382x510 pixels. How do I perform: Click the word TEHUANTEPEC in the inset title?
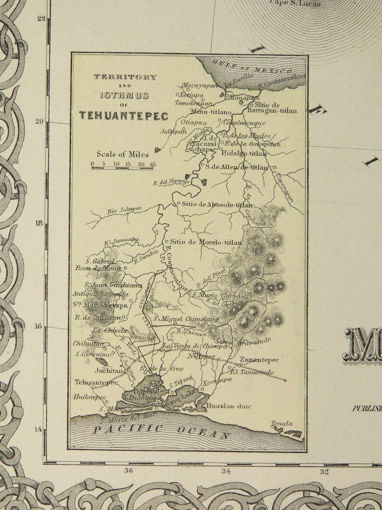point(124,116)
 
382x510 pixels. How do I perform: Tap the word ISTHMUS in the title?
point(125,95)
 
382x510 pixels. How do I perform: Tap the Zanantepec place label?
point(259,360)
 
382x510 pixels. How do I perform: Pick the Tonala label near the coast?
point(282,424)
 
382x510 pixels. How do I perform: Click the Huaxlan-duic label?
point(229,406)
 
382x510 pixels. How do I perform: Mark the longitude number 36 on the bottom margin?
point(128,471)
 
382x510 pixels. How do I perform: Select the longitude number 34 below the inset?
point(226,471)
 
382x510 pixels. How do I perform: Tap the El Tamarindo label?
point(252,372)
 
